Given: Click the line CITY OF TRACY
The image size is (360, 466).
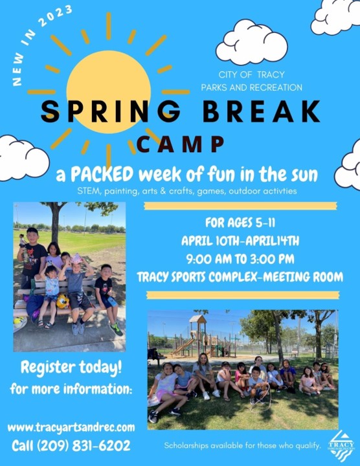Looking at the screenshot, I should click(251, 74).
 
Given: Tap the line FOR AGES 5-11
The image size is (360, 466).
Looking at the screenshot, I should click(240, 224).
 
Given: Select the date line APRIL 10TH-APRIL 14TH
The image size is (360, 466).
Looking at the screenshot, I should click(240, 241).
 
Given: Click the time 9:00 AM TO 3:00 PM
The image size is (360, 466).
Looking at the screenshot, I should click(240, 259).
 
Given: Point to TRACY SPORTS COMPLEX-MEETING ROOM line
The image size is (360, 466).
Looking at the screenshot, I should click(240, 277).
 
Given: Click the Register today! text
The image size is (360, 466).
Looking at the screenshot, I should click(72, 368).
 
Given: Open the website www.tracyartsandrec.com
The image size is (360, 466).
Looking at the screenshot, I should click(71, 427).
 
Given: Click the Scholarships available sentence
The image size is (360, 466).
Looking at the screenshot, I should click(242, 445).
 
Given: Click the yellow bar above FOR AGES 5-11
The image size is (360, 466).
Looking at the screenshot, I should click(240, 206).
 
